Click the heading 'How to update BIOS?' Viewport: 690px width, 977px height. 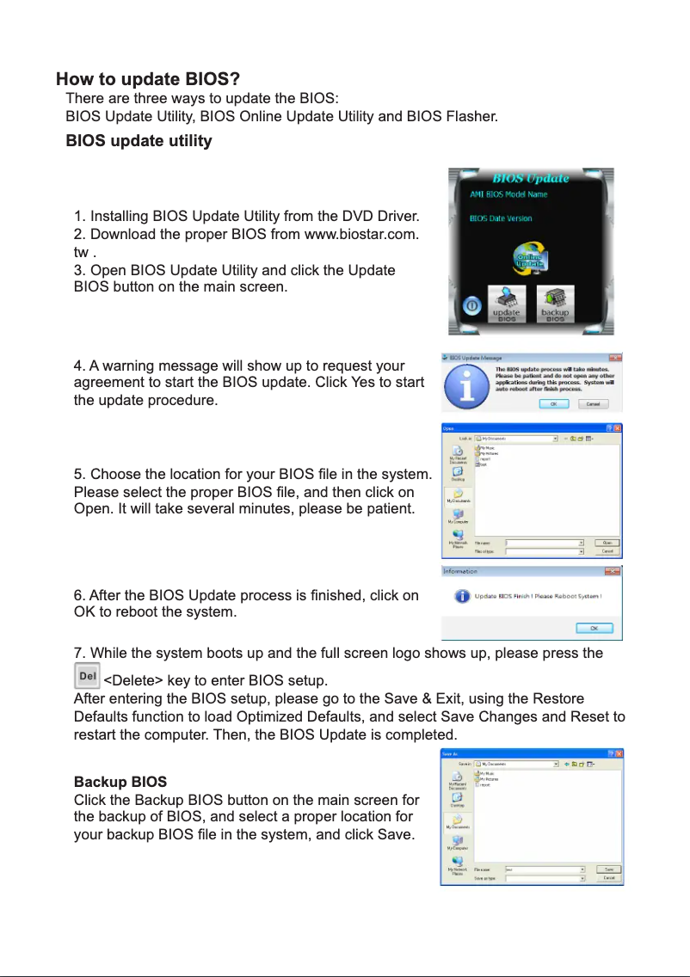click(x=147, y=80)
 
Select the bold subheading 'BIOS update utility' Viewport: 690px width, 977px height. click(x=139, y=141)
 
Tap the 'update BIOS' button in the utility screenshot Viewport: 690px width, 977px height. click(x=508, y=304)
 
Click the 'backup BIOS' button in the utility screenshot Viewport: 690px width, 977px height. click(x=556, y=304)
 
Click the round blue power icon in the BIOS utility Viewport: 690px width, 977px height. click(x=471, y=305)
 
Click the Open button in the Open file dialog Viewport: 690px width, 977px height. click(x=607, y=543)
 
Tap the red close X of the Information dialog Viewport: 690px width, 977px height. click(x=614, y=571)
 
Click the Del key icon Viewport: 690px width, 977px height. click(x=87, y=676)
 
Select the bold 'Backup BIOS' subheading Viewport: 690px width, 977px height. click(x=120, y=783)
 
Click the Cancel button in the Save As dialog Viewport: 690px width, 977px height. click(x=608, y=878)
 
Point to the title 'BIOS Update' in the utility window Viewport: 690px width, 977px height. click(x=530, y=178)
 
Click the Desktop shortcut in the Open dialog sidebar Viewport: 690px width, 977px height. click(x=458, y=476)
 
